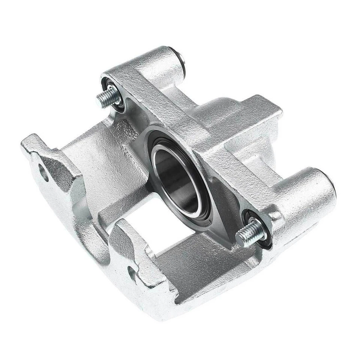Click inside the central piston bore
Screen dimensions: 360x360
[x=176, y=180]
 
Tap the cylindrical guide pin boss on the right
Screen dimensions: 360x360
[x=307, y=191]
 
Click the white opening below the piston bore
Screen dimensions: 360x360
[x=157, y=229]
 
